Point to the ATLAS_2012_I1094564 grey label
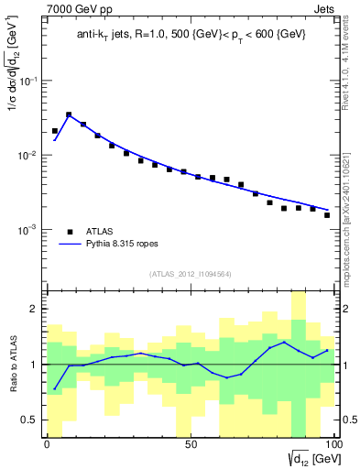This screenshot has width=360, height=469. pos(191,274)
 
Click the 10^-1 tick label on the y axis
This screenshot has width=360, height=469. pos(27,82)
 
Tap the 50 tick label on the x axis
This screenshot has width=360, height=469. pos(191,445)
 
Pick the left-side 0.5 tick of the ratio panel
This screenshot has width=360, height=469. pos(32,420)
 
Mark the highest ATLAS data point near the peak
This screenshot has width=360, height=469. pos(69,115)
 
